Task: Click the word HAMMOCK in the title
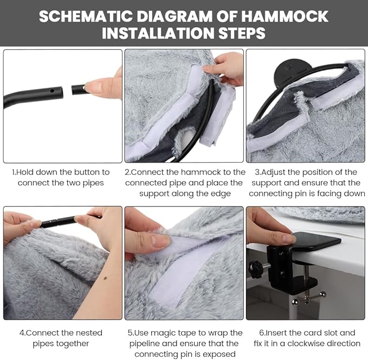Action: [285, 16]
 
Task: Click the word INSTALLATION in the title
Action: [158, 33]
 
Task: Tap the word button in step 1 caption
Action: [87, 172]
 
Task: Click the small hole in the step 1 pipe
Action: [52, 91]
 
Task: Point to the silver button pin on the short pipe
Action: [83, 88]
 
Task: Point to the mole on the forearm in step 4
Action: [105, 278]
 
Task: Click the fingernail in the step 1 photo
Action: [93, 86]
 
